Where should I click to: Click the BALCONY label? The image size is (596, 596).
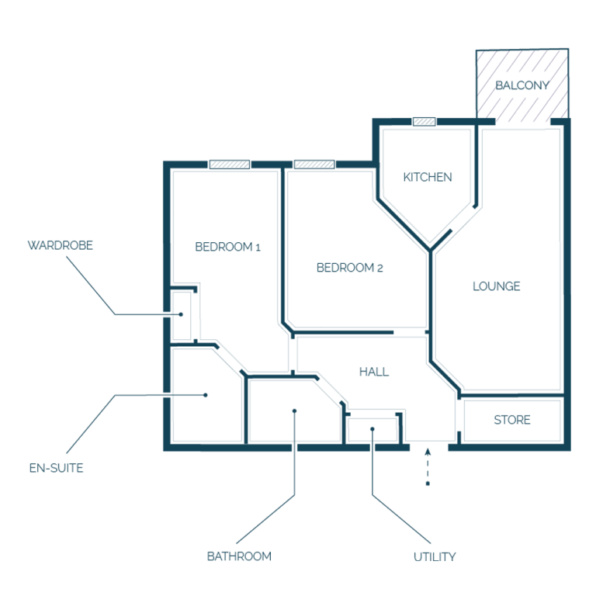point(522,85)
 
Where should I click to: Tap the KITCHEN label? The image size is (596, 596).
point(428,177)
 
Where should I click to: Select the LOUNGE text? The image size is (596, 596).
point(497,286)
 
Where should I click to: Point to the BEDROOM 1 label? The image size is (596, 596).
point(227,247)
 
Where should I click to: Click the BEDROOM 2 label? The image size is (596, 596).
point(350,268)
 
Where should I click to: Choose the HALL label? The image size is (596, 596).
point(374,372)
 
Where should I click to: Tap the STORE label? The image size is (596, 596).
point(512,420)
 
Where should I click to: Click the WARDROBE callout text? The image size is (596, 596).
point(61,245)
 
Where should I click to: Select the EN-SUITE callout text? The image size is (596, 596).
point(56,468)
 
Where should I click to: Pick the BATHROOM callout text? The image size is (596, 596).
point(239,556)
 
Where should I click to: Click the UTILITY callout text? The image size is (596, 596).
point(435,557)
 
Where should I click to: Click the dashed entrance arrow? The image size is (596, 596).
point(428,466)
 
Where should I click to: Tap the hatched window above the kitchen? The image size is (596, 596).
point(424,122)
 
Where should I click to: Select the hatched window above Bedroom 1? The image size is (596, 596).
point(230,165)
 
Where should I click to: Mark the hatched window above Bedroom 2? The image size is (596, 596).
point(314,165)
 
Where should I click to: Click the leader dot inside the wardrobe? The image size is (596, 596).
point(181,314)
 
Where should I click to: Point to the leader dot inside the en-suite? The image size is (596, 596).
point(206,395)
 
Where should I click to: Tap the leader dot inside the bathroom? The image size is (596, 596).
point(295,411)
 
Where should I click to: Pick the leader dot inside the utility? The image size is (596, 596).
point(372,429)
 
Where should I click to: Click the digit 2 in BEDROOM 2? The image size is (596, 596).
point(379,269)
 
